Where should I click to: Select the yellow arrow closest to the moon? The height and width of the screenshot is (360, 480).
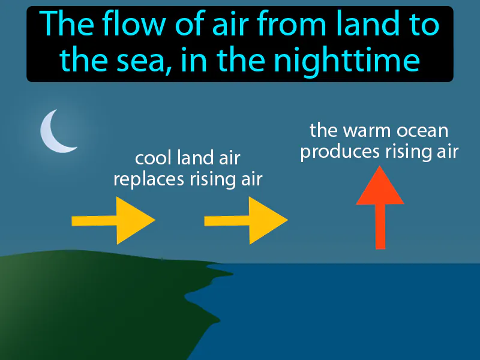(114, 220)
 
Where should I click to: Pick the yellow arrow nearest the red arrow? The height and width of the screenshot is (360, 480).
(247, 220)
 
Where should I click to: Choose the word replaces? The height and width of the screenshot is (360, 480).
(146, 179)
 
